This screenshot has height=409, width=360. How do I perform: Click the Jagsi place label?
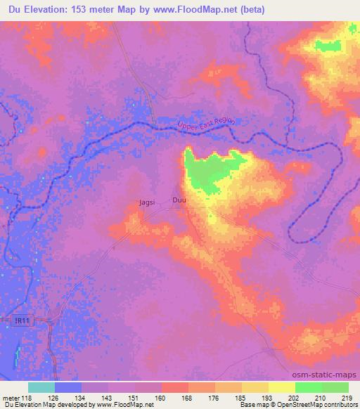(x=147, y=202)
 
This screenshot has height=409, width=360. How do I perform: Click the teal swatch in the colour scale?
(x=42, y=387)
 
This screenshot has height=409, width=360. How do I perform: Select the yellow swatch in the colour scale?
(x=282, y=387)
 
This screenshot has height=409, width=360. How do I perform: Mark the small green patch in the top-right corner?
(x=326, y=46)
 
